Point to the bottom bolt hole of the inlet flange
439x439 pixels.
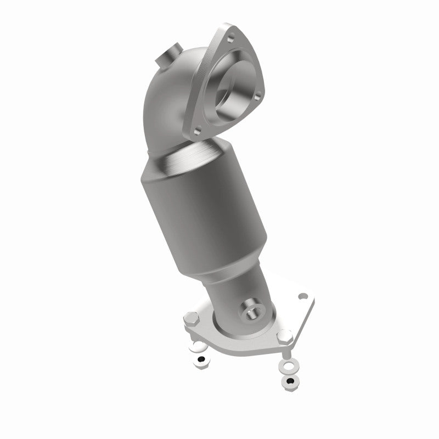click(198, 131)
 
